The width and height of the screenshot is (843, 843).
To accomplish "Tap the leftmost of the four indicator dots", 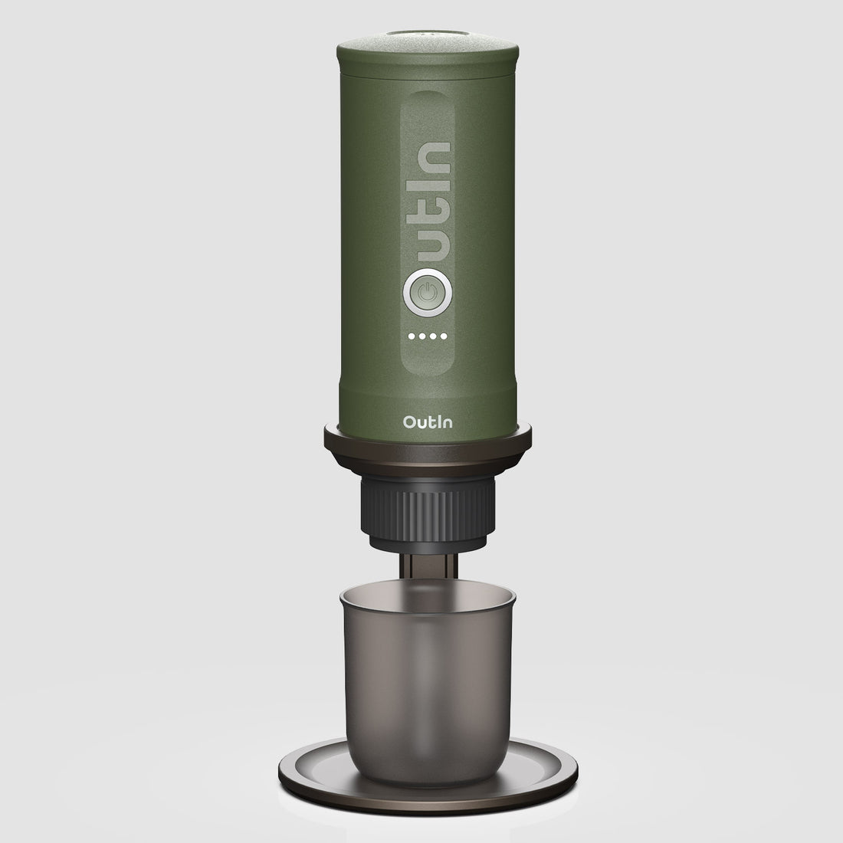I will [x=412, y=336].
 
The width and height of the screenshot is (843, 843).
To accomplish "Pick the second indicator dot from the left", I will [x=421, y=336].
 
